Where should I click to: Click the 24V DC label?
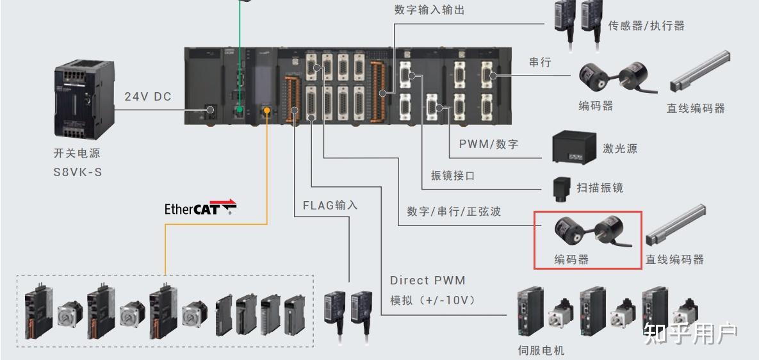(148, 97)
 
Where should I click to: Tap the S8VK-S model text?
(78, 172)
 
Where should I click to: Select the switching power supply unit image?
(84, 99)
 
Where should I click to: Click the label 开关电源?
(77, 153)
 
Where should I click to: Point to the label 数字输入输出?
(430, 10)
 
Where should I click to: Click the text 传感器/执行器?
(647, 26)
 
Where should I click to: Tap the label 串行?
(540, 62)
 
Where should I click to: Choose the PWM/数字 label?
(489, 143)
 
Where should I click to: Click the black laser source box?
(574, 147)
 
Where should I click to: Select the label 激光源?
(620, 149)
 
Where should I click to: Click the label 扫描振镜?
(600, 188)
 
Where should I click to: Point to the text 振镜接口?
(453, 176)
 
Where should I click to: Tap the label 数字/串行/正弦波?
(454, 211)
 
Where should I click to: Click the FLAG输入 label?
(331, 205)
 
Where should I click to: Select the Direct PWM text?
(428, 280)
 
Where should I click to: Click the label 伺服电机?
(541, 350)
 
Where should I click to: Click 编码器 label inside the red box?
(572, 260)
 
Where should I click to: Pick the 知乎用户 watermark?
(690, 333)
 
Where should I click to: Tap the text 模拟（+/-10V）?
(433, 300)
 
